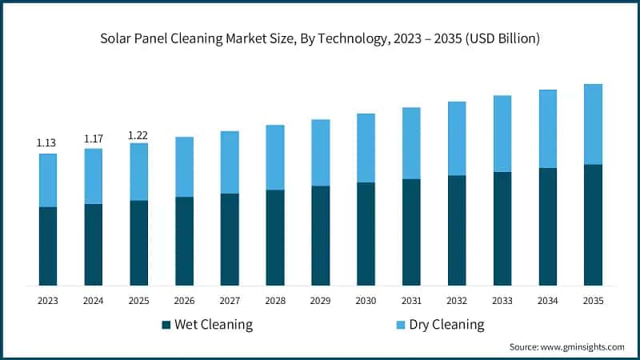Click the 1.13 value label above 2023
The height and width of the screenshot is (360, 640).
tap(47, 143)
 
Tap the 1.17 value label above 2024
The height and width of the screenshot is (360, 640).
tap(94, 138)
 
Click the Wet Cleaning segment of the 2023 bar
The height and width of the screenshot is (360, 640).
tap(48, 246)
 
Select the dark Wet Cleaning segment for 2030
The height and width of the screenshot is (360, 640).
tap(366, 234)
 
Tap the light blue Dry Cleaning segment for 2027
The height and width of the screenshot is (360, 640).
tap(230, 162)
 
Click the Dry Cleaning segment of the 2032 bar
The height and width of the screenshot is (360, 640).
tap(457, 138)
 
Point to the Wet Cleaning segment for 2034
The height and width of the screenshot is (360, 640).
tap(547, 226)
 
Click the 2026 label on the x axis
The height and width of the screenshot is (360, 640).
tap(184, 301)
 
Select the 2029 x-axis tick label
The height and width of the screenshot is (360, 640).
tap(320, 301)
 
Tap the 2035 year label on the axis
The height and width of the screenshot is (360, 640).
tap(593, 301)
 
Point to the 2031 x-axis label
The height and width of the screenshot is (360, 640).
tap(411, 301)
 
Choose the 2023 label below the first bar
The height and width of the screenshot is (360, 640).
tap(48, 301)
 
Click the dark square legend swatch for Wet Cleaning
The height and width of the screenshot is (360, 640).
tap(166, 325)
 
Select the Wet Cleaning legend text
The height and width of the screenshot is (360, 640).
tap(214, 325)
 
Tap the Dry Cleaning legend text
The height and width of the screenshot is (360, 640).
tap(446, 325)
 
